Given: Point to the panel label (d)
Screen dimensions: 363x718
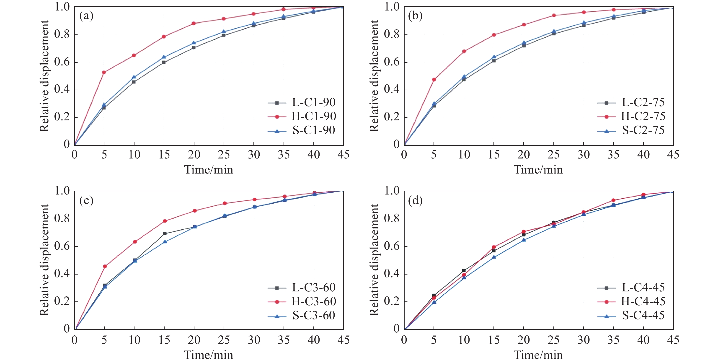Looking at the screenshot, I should click(x=415, y=200).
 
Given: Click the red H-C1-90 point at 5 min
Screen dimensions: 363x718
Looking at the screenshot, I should click(x=104, y=73).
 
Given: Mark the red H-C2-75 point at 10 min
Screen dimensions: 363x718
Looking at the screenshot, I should click(x=464, y=51).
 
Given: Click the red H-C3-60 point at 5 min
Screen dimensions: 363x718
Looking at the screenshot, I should click(x=105, y=267).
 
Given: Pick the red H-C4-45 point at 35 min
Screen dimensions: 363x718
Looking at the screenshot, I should click(x=613, y=200).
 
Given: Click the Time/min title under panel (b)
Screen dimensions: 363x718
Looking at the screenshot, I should click(x=538, y=169).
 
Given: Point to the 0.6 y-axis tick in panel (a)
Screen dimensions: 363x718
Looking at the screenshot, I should click(x=62, y=62).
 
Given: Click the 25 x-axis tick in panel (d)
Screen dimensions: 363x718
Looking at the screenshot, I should click(x=553, y=340).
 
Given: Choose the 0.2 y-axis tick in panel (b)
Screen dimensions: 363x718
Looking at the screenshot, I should click(x=392, y=117).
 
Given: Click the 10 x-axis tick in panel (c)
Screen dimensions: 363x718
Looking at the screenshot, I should click(x=134, y=340).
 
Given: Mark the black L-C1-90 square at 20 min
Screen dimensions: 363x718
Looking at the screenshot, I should click(x=194, y=48).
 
